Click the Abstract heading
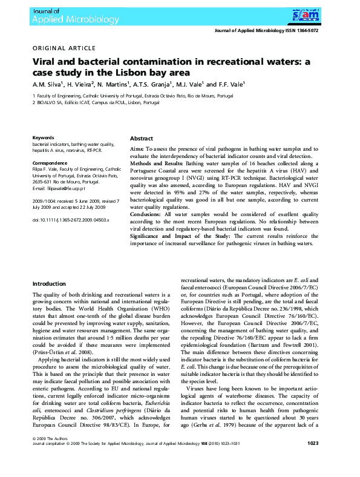(x=142, y=139)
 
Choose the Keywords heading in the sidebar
(x=44, y=138)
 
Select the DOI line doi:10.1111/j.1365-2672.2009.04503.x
(x=70, y=220)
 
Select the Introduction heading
(x=50, y=284)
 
